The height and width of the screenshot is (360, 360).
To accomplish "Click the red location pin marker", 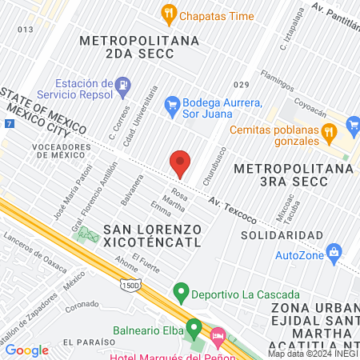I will click(180, 163).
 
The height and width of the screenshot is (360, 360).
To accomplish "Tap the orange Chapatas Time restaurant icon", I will click(168, 13).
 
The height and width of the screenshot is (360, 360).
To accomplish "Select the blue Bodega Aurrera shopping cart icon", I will click(171, 103).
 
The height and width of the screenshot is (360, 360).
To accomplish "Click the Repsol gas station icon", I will click(122, 83).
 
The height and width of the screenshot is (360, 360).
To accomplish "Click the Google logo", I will click(26, 350).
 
